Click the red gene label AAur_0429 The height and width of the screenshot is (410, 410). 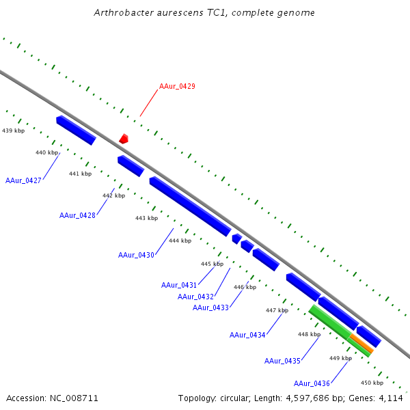tap(177, 86)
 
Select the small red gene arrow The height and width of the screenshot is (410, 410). tap(124, 139)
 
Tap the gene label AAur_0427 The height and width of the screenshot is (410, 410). tap(23, 180)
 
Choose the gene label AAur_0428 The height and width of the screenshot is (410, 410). tap(77, 215)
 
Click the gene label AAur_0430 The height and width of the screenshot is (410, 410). tap(136, 255)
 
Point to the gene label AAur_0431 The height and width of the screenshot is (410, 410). tap(179, 285)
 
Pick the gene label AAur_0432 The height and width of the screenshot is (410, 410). tap(195, 297)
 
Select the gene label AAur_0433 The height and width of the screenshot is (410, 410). tap(210, 307)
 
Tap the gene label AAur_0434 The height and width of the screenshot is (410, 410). tap(247, 335)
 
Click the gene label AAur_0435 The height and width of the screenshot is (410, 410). tap(282, 361)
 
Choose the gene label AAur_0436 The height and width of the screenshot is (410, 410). tap(312, 383)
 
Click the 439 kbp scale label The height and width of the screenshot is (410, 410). tap(14, 130)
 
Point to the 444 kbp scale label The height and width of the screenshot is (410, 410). tap(180, 241)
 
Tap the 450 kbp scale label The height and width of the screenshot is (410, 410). tap(372, 383)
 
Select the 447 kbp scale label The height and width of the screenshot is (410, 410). tap(277, 310)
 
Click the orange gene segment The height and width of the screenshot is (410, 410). tap(361, 343)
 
